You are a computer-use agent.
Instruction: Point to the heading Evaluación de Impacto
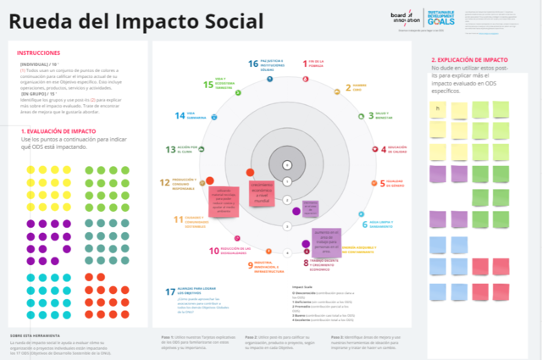coord(59,131)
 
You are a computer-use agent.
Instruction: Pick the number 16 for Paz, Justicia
coord(252,64)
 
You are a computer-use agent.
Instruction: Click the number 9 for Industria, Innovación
coord(252,266)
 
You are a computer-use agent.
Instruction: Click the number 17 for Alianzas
coord(169,291)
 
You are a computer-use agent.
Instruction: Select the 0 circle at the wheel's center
coord(286,164)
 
